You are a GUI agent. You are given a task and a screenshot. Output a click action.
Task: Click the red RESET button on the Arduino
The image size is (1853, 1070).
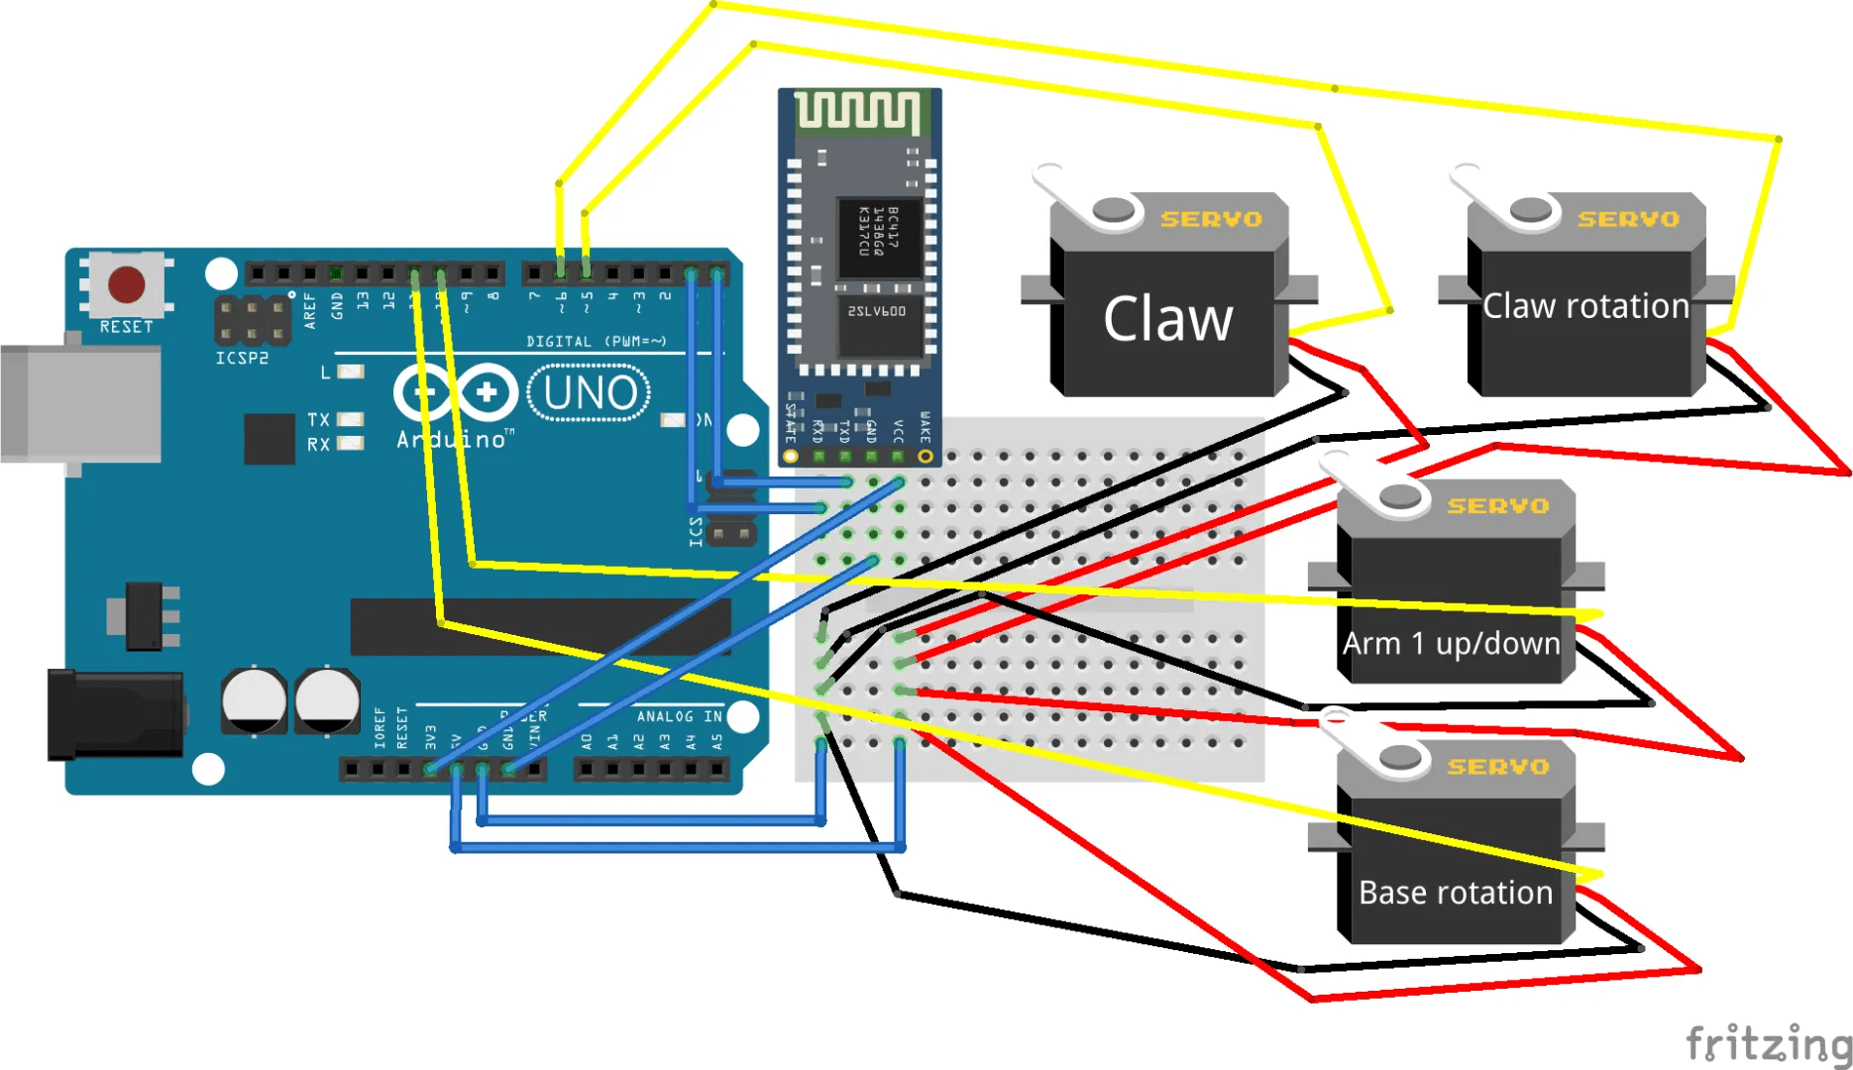point(127,284)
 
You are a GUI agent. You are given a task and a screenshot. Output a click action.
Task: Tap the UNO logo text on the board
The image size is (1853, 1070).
point(590,393)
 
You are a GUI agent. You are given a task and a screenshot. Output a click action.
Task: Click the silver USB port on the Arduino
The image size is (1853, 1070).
point(79,403)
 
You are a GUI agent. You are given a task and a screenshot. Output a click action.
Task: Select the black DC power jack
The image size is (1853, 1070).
point(114,714)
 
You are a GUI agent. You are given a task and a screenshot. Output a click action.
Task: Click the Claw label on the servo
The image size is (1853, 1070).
point(1168,319)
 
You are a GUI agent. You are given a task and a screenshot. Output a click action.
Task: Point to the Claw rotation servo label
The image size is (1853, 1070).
point(1585,306)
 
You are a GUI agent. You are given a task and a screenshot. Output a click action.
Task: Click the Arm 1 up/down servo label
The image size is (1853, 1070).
point(1451,644)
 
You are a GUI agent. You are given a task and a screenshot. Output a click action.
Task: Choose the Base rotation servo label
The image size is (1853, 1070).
point(1456,893)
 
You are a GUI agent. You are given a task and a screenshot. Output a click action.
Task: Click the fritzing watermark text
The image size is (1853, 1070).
point(1768,1042)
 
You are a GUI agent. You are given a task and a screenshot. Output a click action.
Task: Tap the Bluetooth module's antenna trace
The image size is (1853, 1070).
point(858,111)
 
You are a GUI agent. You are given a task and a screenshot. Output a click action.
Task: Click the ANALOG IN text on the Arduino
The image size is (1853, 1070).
point(679,715)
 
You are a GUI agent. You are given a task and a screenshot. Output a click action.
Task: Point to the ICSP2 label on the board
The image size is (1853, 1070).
point(242,358)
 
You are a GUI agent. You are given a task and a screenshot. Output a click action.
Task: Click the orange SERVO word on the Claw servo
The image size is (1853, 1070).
point(1211,219)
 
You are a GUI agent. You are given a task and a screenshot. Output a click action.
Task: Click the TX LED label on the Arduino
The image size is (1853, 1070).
point(318,420)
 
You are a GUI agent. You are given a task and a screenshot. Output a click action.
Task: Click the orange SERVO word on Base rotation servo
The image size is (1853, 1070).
point(1497,767)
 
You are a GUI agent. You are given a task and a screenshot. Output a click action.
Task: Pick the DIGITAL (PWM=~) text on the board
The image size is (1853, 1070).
point(596,342)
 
